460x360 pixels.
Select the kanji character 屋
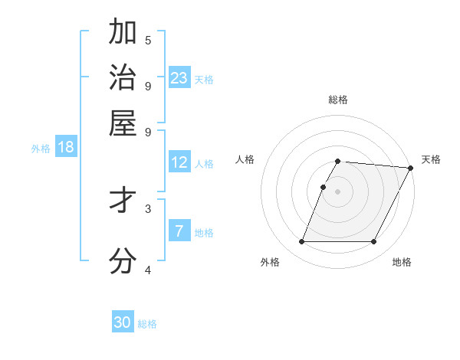click(x=123, y=123)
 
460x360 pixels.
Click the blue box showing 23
click(x=179, y=78)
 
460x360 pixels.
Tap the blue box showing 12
click(x=179, y=162)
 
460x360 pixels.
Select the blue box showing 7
click(x=179, y=231)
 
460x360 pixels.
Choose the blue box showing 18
click(x=66, y=147)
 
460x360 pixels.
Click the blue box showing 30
click(x=123, y=322)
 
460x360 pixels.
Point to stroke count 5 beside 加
click(x=148, y=40)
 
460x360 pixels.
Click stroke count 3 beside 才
click(x=148, y=208)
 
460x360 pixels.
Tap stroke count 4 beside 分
click(x=148, y=270)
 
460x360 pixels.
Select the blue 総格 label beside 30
click(x=147, y=324)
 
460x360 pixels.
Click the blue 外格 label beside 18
click(x=41, y=149)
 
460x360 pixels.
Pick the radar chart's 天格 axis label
click(x=431, y=159)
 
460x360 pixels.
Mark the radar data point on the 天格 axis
click(x=411, y=168)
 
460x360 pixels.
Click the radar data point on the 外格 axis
click(x=301, y=242)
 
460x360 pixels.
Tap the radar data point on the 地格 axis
click(x=374, y=242)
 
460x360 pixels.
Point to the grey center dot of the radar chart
click(x=338, y=191)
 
